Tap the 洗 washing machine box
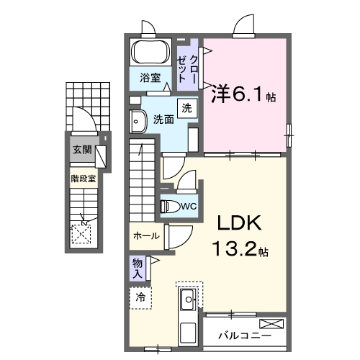(x=186, y=109)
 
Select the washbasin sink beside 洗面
(x=137, y=120)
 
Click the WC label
(x=189, y=207)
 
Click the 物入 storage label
(x=138, y=267)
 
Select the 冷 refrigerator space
(x=141, y=297)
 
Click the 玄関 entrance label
(x=81, y=150)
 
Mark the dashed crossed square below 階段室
(x=81, y=232)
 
